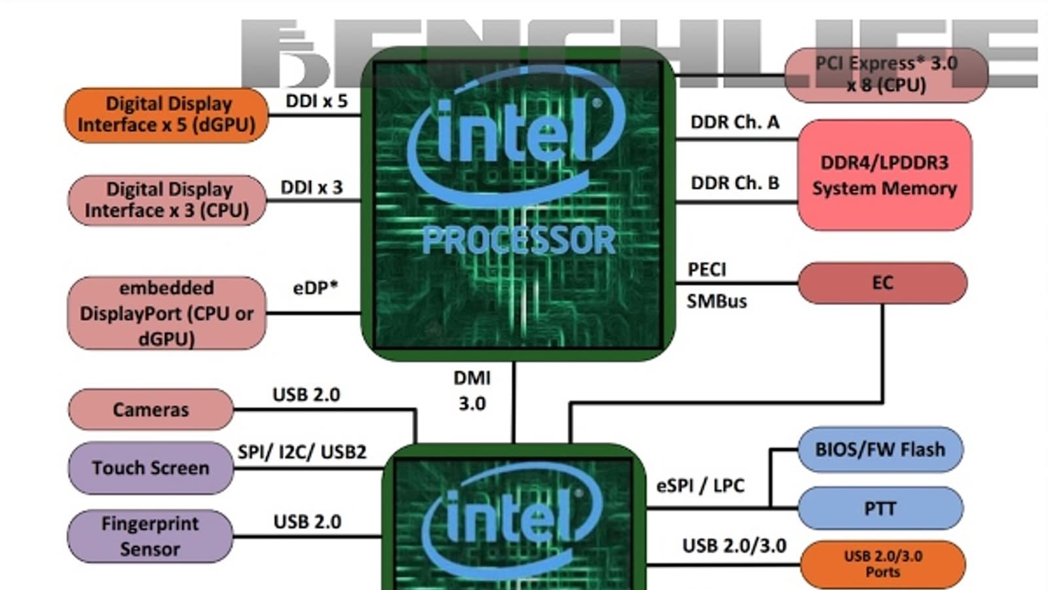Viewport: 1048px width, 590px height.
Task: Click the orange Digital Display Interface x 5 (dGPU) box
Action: pyautogui.click(x=166, y=115)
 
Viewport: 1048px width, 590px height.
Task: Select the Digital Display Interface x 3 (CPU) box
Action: pyautogui.click(x=167, y=200)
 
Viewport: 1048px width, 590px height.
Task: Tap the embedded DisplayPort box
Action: pyautogui.click(x=166, y=313)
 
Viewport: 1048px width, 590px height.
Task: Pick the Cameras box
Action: pyautogui.click(x=151, y=410)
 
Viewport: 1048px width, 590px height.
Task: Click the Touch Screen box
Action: pyautogui.click(x=151, y=468)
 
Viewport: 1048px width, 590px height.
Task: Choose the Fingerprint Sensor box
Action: pyautogui.click(x=150, y=536)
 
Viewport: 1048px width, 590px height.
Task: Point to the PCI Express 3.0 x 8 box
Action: pyautogui.click(x=886, y=74)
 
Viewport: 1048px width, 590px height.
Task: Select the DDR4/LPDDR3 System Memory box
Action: pyautogui.click(x=884, y=175)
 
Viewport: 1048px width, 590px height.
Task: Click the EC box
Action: pyautogui.click(x=882, y=283)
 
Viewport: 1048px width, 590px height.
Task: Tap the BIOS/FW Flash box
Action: pyautogui.click(x=880, y=450)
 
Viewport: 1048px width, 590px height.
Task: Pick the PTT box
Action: pyautogui.click(x=880, y=509)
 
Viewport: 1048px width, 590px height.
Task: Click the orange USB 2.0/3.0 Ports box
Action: pyautogui.click(x=882, y=564)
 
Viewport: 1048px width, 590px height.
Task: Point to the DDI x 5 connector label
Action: pyautogui.click(x=316, y=101)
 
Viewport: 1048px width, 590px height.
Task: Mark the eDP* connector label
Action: pyautogui.click(x=315, y=287)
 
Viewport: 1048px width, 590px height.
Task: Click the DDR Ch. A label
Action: pyautogui.click(x=735, y=123)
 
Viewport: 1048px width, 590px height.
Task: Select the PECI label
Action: pyautogui.click(x=707, y=269)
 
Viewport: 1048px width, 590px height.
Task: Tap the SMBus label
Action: pyautogui.click(x=717, y=302)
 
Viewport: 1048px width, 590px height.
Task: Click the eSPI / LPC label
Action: pyautogui.click(x=700, y=486)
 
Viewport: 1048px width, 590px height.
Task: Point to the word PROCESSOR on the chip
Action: pyautogui.click(x=519, y=241)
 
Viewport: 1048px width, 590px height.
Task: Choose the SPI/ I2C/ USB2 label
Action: pyautogui.click(x=302, y=452)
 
